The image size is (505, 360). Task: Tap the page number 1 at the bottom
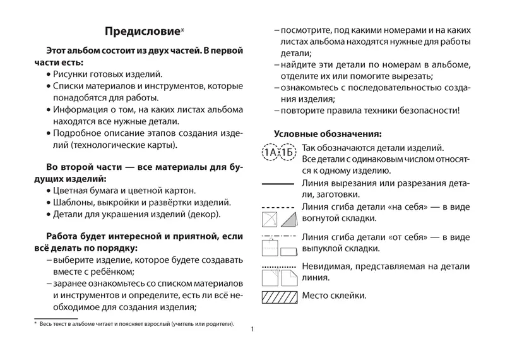pos(252,330)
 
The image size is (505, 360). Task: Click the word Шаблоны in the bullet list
pos(73,202)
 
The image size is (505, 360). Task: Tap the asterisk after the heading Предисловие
pos(183,29)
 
